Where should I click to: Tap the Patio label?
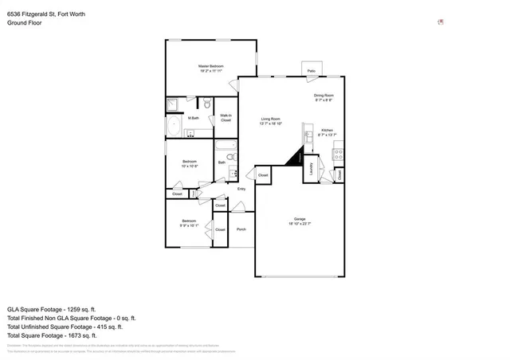pyautogui.click(x=312, y=71)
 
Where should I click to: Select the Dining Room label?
pyautogui.click(x=323, y=96)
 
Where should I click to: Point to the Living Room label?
pyautogui.click(x=271, y=119)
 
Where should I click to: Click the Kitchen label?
pyautogui.click(x=327, y=130)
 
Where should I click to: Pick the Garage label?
pyautogui.click(x=300, y=219)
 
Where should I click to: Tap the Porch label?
pyautogui.click(x=241, y=229)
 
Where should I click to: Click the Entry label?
pyautogui.click(x=241, y=189)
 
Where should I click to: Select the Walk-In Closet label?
pyautogui.click(x=226, y=118)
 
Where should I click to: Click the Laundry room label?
pyautogui.click(x=310, y=169)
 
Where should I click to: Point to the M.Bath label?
pyautogui.click(x=193, y=118)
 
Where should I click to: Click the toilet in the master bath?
pyautogui.click(x=206, y=104)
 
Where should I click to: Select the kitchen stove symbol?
pyautogui.click(x=338, y=153)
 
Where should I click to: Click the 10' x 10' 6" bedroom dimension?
pyautogui.click(x=190, y=166)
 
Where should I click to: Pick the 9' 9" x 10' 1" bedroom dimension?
pyautogui.click(x=189, y=225)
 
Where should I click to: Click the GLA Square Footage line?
pyautogui.click(x=51, y=308)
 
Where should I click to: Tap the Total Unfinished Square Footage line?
pyautogui.click(x=64, y=327)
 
